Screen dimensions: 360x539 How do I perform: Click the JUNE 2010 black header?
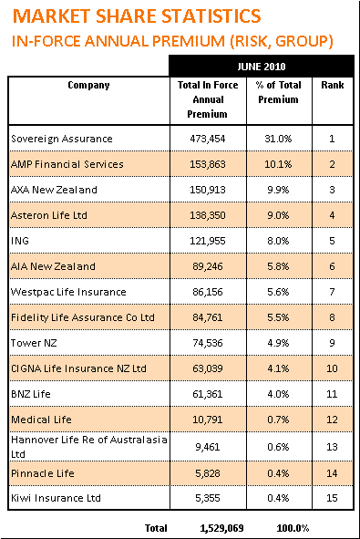coord(261,67)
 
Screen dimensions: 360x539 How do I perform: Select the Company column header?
coord(88,85)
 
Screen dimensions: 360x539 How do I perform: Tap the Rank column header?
coord(333,85)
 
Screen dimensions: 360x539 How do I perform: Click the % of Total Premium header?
coord(278,92)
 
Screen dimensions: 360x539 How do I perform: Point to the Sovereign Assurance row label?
coord(62,139)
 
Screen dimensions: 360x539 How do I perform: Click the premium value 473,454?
coord(208,139)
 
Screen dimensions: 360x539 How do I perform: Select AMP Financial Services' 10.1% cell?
coord(278,164)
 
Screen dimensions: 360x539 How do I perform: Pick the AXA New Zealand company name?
coord(54,190)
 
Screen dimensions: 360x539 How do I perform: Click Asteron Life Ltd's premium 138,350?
coord(208,215)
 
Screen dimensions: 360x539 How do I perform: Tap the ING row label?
coord(20,241)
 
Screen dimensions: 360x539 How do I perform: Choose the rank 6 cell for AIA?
coord(332,266)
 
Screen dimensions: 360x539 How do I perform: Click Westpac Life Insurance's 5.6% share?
coord(278,292)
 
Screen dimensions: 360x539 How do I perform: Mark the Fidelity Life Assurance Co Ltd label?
coord(83,317)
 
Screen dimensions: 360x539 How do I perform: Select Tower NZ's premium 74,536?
coord(208,343)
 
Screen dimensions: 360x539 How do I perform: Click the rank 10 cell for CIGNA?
coord(332,368)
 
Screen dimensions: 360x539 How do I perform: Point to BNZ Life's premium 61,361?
coord(208,394)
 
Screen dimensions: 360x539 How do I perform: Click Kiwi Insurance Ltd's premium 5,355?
coord(208,498)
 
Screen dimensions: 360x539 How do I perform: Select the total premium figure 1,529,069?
coord(221,528)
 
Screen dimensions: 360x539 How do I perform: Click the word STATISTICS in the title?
coord(211,16)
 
